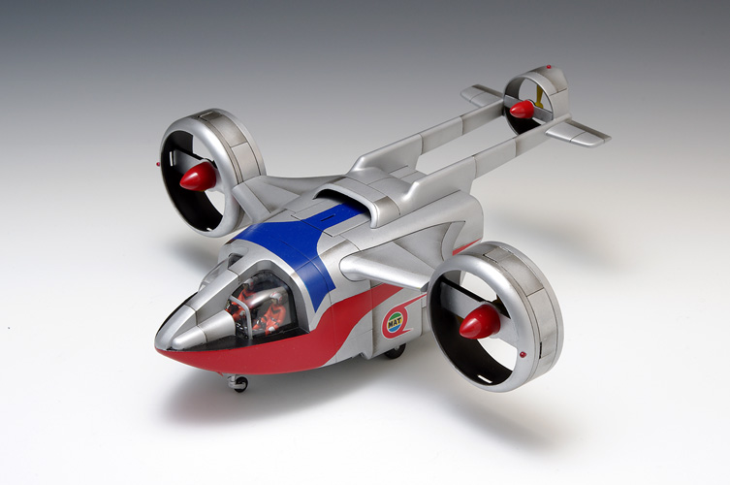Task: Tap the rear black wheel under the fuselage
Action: [395, 351]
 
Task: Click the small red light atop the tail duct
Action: [549, 67]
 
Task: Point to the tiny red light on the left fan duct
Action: [158, 165]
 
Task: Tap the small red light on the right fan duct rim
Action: [524, 354]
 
